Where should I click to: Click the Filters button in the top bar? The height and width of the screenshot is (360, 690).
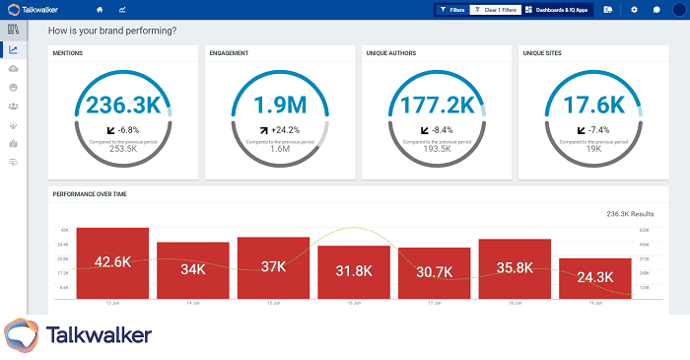451,9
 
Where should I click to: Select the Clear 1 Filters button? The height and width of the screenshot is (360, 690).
494,9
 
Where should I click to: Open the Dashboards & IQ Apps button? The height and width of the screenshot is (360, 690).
557,9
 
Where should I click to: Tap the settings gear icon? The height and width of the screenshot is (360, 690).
634,9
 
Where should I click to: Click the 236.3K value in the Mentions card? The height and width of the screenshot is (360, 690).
124,106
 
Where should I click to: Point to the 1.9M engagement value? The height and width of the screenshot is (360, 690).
280,106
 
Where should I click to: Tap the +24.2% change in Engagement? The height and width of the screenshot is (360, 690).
286,129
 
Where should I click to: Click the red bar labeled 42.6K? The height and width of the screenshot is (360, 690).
112,262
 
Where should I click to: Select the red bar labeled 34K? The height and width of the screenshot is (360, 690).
192,269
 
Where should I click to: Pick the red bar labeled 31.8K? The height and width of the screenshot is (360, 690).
353,270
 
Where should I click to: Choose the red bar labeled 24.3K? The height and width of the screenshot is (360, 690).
594,277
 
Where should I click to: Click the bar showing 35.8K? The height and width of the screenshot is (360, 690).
515,267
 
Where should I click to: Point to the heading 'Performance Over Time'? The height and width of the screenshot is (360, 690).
90,193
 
